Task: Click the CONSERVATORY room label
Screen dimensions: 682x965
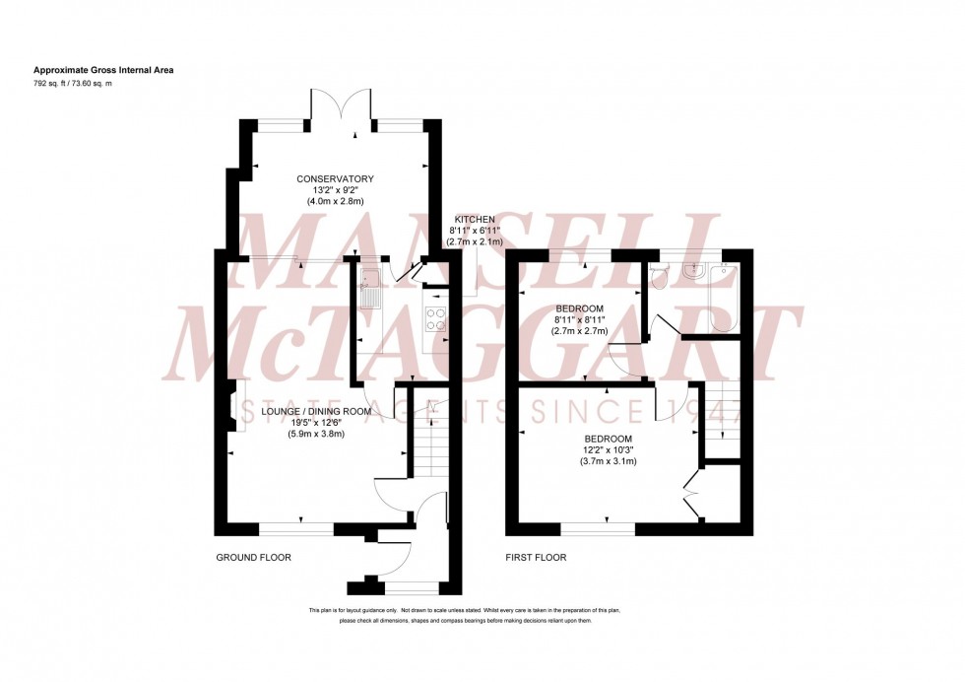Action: click(x=336, y=178)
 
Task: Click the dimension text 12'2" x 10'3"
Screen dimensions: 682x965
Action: click(x=607, y=449)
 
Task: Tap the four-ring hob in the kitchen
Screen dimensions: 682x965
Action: click(x=434, y=317)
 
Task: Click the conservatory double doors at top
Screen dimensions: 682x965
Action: click(x=353, y=106)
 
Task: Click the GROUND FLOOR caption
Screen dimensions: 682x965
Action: click(x=253, y=558)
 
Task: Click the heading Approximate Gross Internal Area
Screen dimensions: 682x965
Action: click(x=103, y=70)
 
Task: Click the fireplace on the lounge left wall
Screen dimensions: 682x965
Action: click(x=228, y=405)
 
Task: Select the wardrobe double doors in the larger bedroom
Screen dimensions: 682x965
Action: click(x=693, y=493)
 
